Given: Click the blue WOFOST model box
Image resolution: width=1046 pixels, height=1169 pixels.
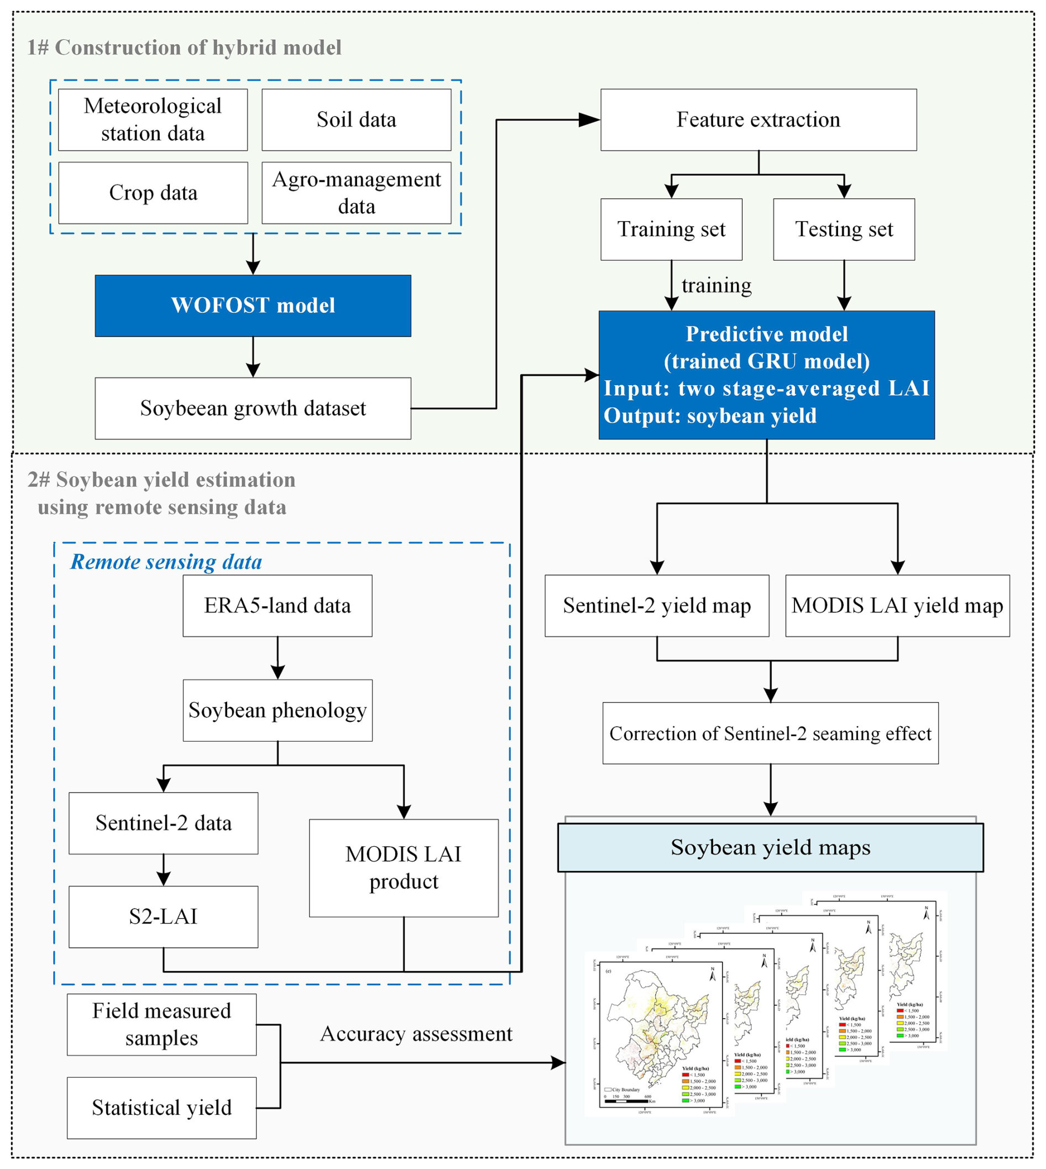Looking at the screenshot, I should pyautogui.click(x=253, y=306).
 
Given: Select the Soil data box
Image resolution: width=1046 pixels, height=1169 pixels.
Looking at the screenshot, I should pyautogui.click(x=357, y=119).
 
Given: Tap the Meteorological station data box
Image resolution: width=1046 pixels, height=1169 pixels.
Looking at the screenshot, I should pyautogui.click(x=153, y=119).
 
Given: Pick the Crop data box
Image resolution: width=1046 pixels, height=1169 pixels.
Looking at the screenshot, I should pyautogui.click(x=153, y=193).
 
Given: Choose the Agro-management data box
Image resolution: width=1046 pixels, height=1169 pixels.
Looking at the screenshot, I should pyautogui.click(x=357, y=193).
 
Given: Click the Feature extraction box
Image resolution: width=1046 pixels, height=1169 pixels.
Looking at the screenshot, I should pyautogui.click(x=758, y=119).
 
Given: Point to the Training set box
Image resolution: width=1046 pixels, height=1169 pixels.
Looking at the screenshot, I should pyautogui.click(x=671, y=229).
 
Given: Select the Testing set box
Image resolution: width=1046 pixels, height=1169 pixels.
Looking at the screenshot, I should pyautogui.click(x=844, y=229).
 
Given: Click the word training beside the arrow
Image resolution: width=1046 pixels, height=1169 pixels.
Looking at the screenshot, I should pyautogui.click(x=716, y=286).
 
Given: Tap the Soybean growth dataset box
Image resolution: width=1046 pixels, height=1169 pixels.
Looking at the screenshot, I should pyautogui.click(x=253, y=408).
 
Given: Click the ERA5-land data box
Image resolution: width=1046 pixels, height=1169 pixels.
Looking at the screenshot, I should pyautogui.click(x=278, y=605).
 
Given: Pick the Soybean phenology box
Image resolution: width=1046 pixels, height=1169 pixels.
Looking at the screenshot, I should pyautogui.click(x=278, y=711).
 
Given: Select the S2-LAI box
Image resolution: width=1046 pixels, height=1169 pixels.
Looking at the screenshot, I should pyautogui.click(x=163, y=916).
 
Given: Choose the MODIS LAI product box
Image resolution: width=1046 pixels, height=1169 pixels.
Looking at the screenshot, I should pyautogui.click(x=404, y=868).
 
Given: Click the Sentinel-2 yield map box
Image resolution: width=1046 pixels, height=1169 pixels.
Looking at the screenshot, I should pyautogui.click(x=657, y=605).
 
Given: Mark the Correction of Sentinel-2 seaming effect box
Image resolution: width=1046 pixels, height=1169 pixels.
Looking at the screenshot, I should pyautogui.click(x=770, y=733).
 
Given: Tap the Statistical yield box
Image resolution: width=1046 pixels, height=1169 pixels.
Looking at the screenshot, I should pyautogui.click(x=161, y=1108).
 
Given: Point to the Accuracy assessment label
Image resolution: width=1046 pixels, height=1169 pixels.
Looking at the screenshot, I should pyautogui.click(x=416, y=1034).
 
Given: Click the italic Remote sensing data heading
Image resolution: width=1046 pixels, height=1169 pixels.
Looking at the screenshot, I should pyautogui.click(x=166, y=562).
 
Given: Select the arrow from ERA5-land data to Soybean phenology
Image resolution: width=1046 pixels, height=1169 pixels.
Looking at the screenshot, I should pyautogui.click(x=278, y=658).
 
